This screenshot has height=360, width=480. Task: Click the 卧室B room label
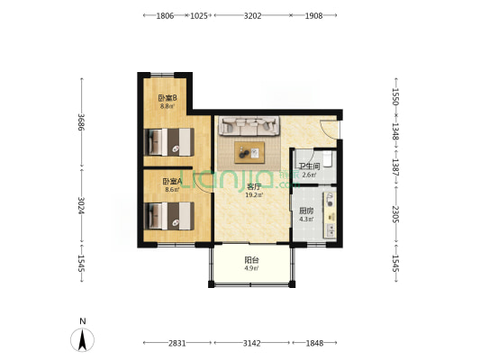[168, 98]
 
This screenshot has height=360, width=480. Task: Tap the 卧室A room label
[172, 182]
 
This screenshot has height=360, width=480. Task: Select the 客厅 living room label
[254, 186]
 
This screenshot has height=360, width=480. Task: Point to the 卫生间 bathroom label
[309, 166]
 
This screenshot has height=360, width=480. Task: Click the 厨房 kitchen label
[306, 211]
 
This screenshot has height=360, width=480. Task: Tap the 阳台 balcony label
[251, 260]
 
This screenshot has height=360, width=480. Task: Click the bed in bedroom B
[169, 142]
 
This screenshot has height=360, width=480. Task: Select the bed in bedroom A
[169, 216]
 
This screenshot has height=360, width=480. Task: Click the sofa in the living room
[249, 126]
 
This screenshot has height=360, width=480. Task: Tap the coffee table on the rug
[249, 153]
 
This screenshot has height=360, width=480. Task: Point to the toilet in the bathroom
[328, 159]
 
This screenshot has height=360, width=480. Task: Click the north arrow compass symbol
[82, 339]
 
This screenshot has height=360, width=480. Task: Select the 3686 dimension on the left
[81, 122]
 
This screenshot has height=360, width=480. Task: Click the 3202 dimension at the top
[252, 16]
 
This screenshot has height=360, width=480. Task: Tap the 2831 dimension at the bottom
[177, 343]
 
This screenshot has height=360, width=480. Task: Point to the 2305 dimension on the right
[395, 214]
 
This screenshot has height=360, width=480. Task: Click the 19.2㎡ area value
[254, 194]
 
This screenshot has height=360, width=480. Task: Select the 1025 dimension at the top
[199, 16]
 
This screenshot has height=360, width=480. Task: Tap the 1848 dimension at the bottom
[314, 343]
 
